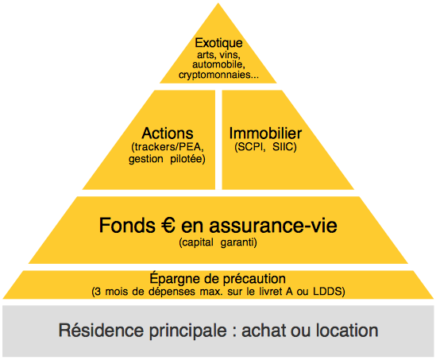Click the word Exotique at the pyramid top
pyautogui.click(x=218, y=43)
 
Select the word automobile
pyautogui.click(x=218, y=64)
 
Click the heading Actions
pyautogui.click(x=168, y=133)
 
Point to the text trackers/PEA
pyautogui.click(x=168, y=147)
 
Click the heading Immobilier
pyautogui.click(x=265, y=134)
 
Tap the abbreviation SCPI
pyautogui.click(x=251, y=146)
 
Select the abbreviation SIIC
pyautogui.click(x=283, y=146)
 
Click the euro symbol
pyautogui.click(x=168, y=225)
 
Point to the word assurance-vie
pyautogui.click(x=273, y=226)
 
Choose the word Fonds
pyautogui.click(x=127, y=225)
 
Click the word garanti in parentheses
pyautogui.click(x=237, y=242)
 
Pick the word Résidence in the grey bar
pyautogui.click(x=102, y=331)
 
